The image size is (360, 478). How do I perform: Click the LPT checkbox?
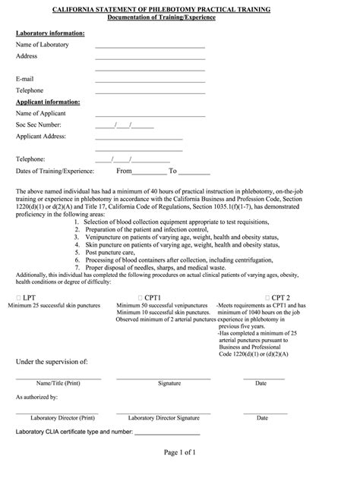pos(17,298)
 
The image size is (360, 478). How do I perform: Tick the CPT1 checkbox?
pos(140,298)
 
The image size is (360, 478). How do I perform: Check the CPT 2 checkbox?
pos(267,298)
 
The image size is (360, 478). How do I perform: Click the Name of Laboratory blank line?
pos(150,47)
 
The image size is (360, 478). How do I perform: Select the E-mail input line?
pos(150,81)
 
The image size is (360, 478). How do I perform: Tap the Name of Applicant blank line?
pos(150,115)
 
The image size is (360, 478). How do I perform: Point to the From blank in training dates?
pos(150,173)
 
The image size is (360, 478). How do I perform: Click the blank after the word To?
pos(195,173)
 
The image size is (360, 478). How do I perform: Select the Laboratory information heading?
pos(50,33)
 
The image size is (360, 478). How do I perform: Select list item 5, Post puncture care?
pos(110,253)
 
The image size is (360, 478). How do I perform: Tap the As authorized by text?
pos(37,398)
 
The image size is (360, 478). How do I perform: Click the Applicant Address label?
pos(41,136)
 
